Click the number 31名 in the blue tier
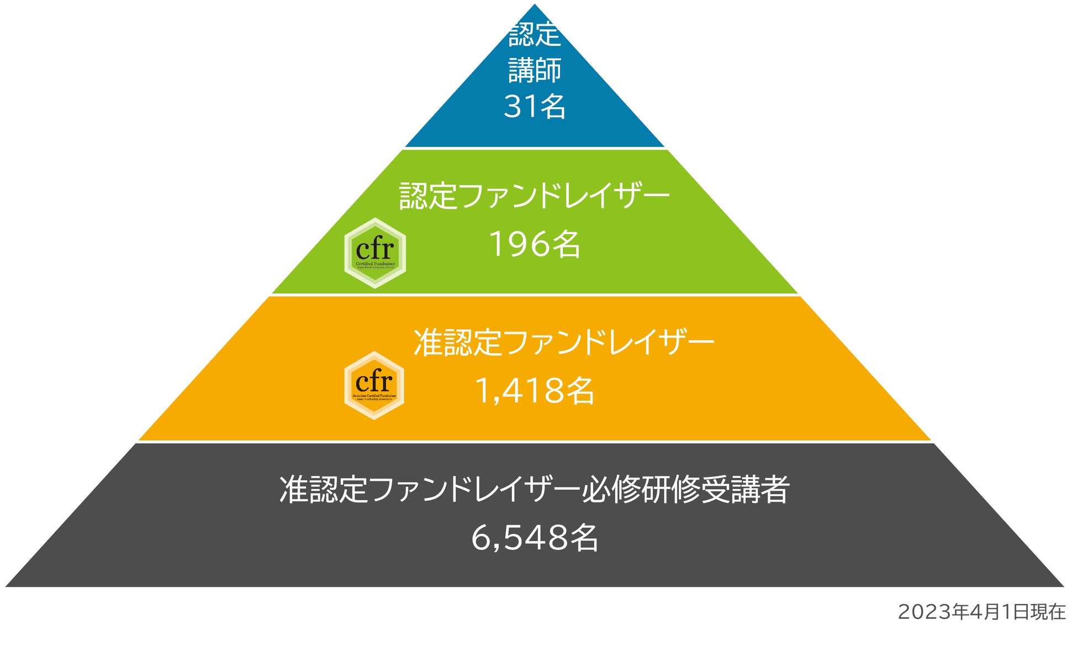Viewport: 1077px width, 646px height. (x=535, y=106)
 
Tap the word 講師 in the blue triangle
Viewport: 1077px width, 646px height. (x=535, y=70)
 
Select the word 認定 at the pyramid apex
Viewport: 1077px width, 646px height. (x=535, y=34)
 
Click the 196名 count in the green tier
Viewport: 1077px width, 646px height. (x=535, y=244)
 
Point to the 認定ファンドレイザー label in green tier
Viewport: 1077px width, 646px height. (x=535, y=196)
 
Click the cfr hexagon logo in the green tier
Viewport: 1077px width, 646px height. (x=375, y=253)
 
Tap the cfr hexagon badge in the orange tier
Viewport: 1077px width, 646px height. (x=374, y=385)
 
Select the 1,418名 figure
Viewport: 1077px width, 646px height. (x=535, y=391)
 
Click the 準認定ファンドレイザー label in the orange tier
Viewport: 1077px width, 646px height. (x=564, y=342)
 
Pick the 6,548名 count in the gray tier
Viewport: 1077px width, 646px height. (x=535, y=538)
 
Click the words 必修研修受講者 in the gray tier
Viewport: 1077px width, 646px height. (x=685, y=489)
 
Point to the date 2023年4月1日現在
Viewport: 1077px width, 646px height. (x=981, y=612)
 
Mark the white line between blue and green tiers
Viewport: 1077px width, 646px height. (x=535, y=148)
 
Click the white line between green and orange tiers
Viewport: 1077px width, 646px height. (x=535, y=295)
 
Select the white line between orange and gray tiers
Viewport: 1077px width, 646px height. (x=535, y=442)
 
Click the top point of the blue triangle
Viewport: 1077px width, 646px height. (x=535, y=5)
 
